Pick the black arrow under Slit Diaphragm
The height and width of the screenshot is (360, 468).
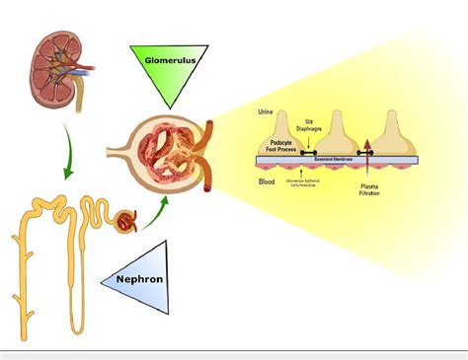click(307, 146)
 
